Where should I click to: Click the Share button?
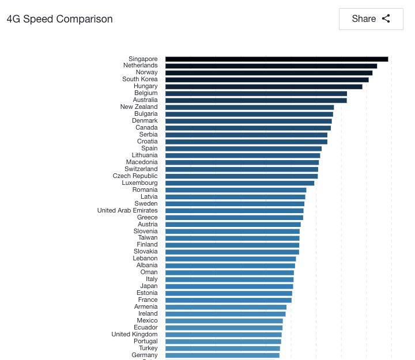371,19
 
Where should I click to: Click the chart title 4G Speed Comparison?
60,19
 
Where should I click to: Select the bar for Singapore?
277,59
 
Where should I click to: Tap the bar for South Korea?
267,79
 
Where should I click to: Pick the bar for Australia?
256,100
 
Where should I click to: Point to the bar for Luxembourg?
240,183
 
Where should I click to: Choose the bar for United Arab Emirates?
234,211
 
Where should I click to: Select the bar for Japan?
229,286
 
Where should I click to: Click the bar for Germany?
222,355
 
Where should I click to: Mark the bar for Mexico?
224,321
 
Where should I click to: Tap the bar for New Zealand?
250,107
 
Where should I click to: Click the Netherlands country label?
140,66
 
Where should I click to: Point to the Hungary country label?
145,86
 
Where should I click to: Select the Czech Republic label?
135,176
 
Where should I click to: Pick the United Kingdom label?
134,335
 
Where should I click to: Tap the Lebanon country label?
145,259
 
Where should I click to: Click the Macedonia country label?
141,162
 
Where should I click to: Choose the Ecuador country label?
145,328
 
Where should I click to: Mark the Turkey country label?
148,348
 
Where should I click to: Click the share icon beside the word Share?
386,19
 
